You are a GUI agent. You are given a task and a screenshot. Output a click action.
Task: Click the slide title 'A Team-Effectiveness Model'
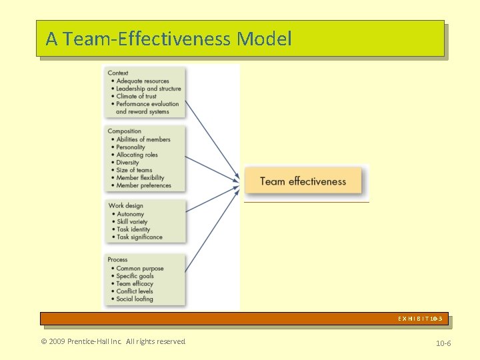click(169, 39)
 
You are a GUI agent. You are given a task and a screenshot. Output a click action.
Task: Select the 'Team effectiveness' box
click(303, 181)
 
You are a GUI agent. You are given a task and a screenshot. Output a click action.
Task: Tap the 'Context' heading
click(118, 73)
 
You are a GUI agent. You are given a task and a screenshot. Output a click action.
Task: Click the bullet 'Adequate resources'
click(143, 81)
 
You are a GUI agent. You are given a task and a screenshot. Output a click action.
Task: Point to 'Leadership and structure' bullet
click(148, 89)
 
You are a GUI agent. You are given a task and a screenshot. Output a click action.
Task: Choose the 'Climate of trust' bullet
click(136, 97)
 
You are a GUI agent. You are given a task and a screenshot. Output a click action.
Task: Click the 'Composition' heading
click(125, 131)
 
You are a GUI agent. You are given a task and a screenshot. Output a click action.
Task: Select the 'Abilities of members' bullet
click(143, 139)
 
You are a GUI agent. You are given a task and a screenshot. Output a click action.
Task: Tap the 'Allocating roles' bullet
click(137, 155)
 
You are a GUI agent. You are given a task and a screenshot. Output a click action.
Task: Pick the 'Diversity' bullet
click(127, 163)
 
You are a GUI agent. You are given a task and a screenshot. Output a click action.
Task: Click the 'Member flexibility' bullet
click(140, 178)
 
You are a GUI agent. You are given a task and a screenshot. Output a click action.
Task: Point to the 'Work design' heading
click(126, 206)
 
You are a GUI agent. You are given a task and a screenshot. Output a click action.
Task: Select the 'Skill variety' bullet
click(132, 221)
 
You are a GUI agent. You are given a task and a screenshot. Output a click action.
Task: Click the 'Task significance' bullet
click(139, 237)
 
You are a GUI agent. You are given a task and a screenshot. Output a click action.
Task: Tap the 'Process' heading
click(118, 259)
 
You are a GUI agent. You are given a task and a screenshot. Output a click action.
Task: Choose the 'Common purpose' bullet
click(139, 269)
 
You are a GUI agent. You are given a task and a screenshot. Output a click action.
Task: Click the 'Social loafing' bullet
click(135, 299)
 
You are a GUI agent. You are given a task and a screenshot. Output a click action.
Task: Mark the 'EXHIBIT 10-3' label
click(420, 319)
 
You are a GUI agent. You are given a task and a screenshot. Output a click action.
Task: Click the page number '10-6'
click(443, 343)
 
